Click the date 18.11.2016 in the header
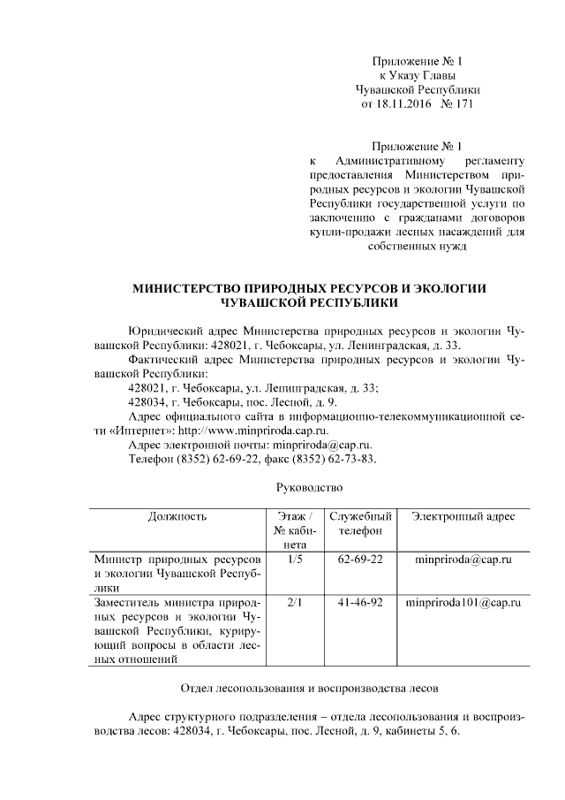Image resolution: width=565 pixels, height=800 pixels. click(405, 105)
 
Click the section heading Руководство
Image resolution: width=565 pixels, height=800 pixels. click(308, 487)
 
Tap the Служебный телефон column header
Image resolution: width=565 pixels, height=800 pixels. click(360, 523)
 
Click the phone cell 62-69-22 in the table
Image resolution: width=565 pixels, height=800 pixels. click(360, 560)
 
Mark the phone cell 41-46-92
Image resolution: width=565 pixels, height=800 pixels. click(360, 603)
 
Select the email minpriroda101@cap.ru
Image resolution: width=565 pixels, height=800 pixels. click(463, 603)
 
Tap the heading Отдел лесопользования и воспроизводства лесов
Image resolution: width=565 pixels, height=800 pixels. click(308, 687)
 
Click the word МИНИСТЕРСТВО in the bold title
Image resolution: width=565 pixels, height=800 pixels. click(187, 288)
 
